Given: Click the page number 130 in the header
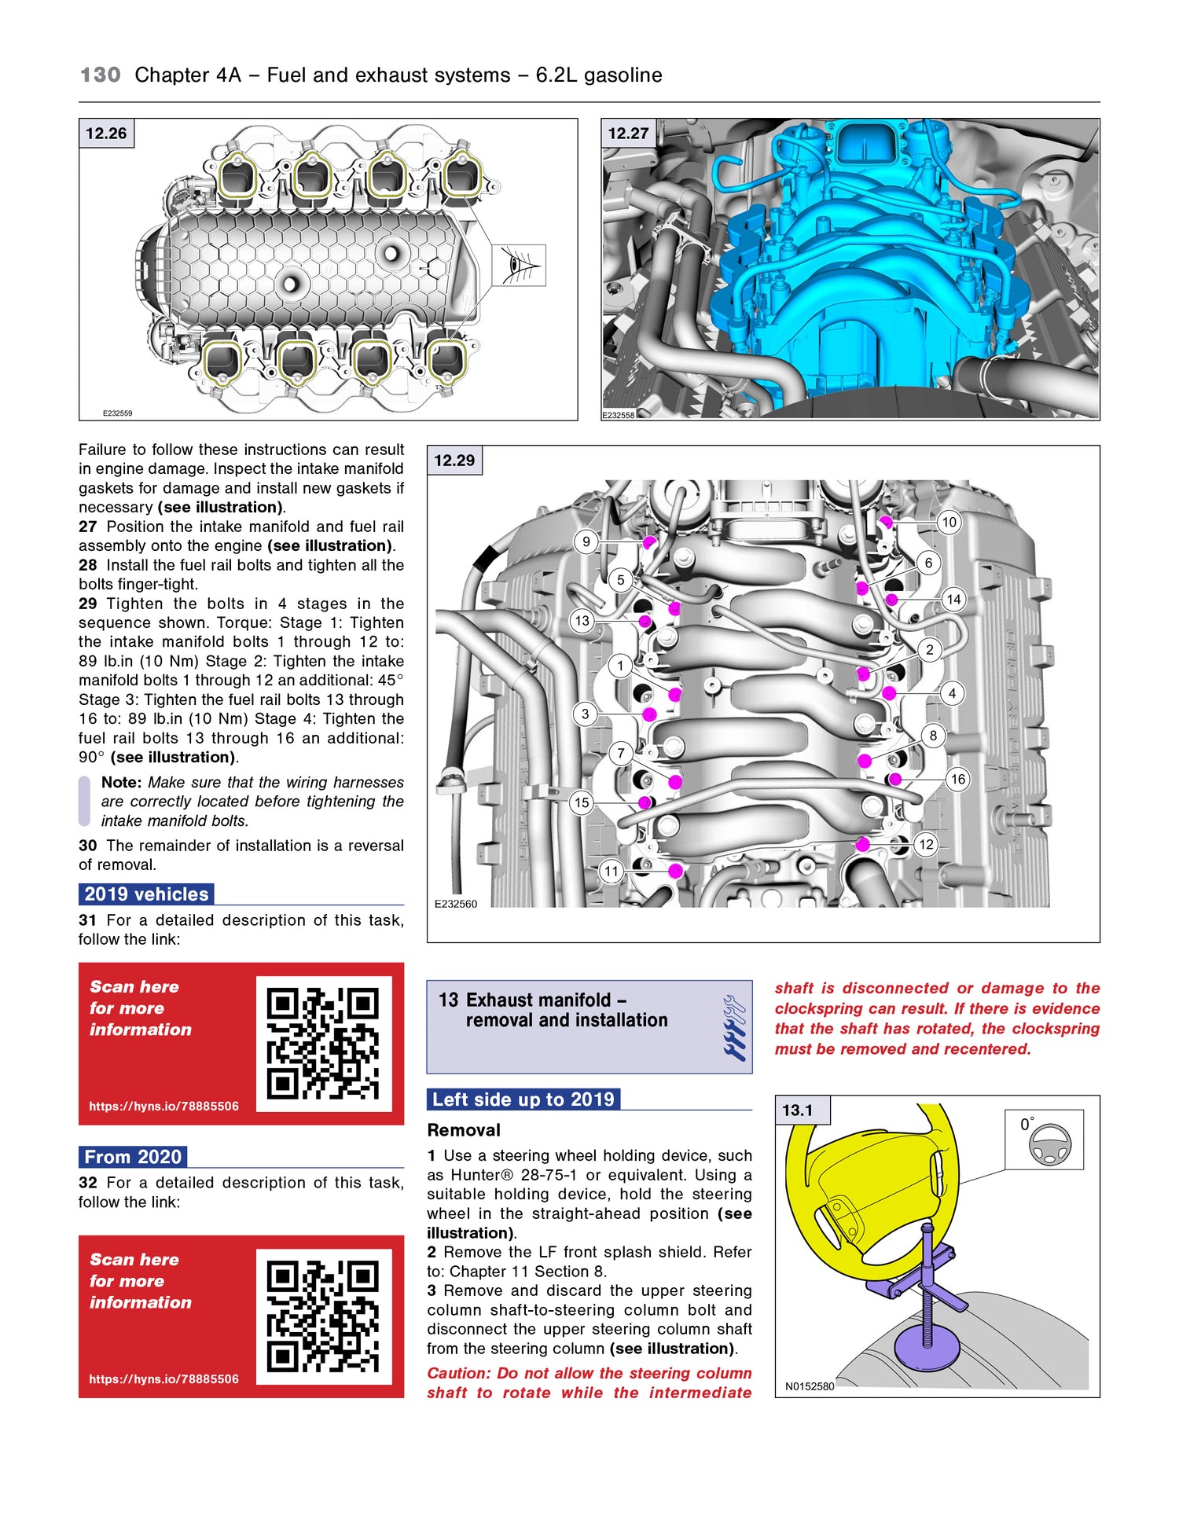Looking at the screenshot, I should pyautogui.click(x=101, y=75).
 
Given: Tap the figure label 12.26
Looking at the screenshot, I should pyautogui.click(x=106, y=134).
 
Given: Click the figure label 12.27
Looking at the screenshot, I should pyautogui.click(x=628, y=134).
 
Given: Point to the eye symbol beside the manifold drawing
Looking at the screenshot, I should pyautogui.click(x=519, y=265).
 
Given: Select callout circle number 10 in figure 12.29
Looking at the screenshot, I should pyautogui.click(x=949, y=522).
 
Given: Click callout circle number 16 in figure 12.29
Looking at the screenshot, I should pyautogui.click(x=957, y=780).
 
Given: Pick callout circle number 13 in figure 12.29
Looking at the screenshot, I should pyautogui.click(x=582, y=621).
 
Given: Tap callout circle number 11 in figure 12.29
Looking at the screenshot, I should pyautogui.click(x=612, y=871).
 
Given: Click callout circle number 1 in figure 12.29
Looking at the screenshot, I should pyautogui.click(x=620, y=666).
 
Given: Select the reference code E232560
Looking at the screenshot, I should pyautogui.click(x=456, y=904).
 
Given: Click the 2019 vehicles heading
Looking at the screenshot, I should pyautogui.click(x=146, y=894).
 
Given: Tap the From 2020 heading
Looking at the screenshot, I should pyautogui.click(x=133, y=1157).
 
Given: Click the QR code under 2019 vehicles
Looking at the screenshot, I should pyautogui.click(x=323, y=1043).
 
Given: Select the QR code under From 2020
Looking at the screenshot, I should pyautogui.click(x=323, y=1316).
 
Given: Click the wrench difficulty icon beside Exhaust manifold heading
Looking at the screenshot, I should pyautogui.click(x=734, y=1028).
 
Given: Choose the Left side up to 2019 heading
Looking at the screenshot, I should pyautogui.click(x=523, y=1099).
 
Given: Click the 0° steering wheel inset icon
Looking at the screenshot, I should pyautogui.click(x=1044, y=1139).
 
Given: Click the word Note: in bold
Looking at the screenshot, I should pyautogui.click(x=121, y=783).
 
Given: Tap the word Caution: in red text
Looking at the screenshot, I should pyautogui.click(x=459, y=1373).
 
